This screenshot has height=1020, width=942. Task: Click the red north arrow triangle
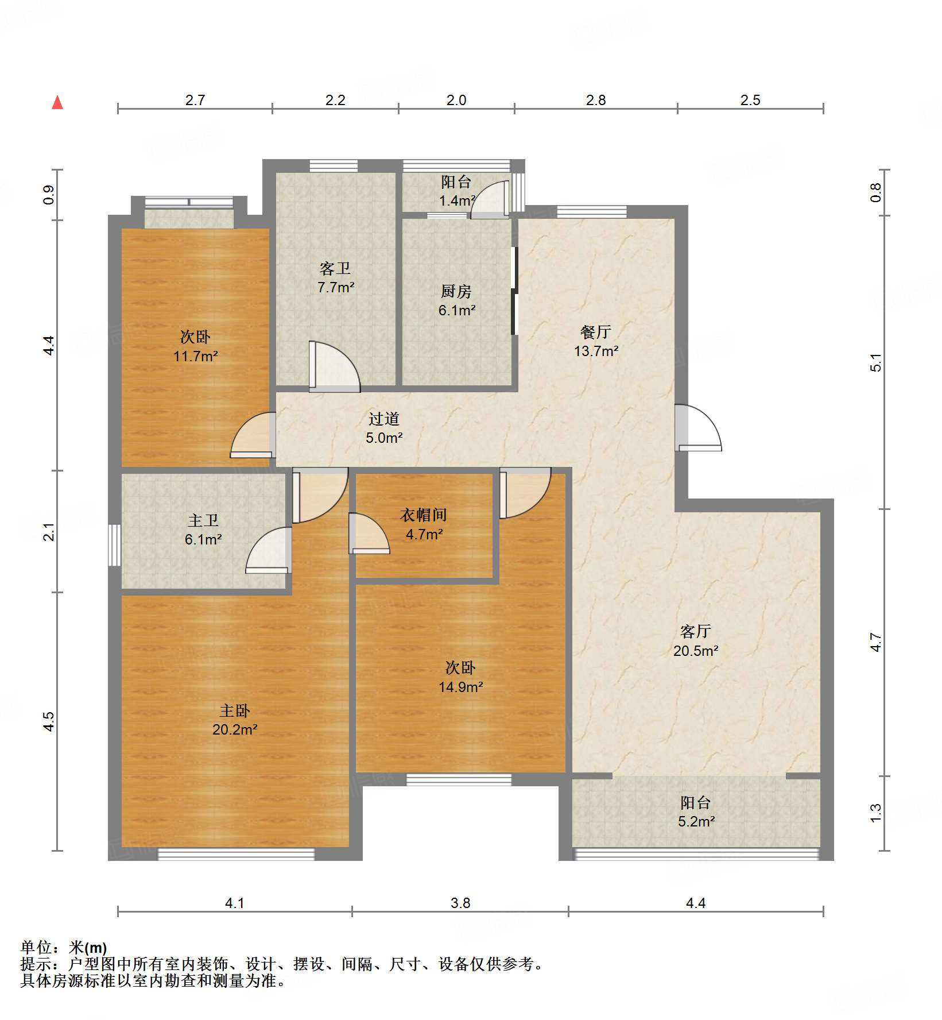coord(57,102)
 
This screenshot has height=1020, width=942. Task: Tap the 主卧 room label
coord(235,711)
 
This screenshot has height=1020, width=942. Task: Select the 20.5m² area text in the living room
coord(696,651)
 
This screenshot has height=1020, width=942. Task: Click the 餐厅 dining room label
coord(596,332)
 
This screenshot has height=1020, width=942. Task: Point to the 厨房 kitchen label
coord(456,292)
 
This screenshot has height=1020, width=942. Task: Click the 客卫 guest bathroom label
coord(335,268)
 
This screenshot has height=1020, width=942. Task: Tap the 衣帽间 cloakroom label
coord(424,515)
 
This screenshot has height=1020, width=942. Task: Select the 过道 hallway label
coord(384,419)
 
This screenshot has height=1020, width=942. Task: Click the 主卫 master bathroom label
coord(203,520)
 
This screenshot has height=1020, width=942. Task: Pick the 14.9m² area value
coord(461,687)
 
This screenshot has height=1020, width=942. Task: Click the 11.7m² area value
coord(196,356)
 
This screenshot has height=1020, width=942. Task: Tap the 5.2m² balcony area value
coord(696,821)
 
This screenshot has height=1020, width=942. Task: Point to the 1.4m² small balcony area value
coord(458,200)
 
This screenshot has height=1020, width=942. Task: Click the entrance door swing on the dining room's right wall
coord(698,428)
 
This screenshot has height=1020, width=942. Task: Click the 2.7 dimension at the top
coord(195,100)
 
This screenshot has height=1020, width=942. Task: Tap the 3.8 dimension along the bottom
coord(460,903)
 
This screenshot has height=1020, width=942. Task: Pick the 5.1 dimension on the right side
coord(875,362)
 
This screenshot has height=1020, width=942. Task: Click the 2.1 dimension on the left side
coord(49,531)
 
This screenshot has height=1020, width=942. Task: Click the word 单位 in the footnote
coord(36,948)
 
